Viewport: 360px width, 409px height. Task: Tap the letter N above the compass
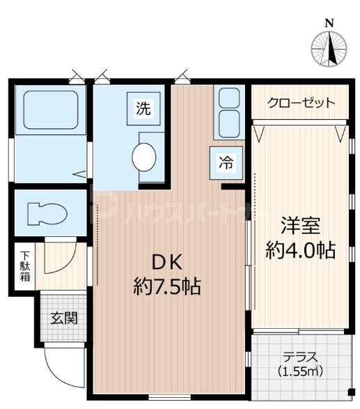pos(329,22)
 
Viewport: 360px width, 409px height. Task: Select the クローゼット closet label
pos(302,103)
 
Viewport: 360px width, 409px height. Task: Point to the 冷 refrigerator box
pos(227,163)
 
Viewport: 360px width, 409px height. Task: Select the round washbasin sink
pos(145,156)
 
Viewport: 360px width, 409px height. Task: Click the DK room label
pos(167,263)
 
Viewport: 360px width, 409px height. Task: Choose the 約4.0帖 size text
pos(301,250)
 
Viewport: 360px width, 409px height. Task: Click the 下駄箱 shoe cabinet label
pos(24,266)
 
